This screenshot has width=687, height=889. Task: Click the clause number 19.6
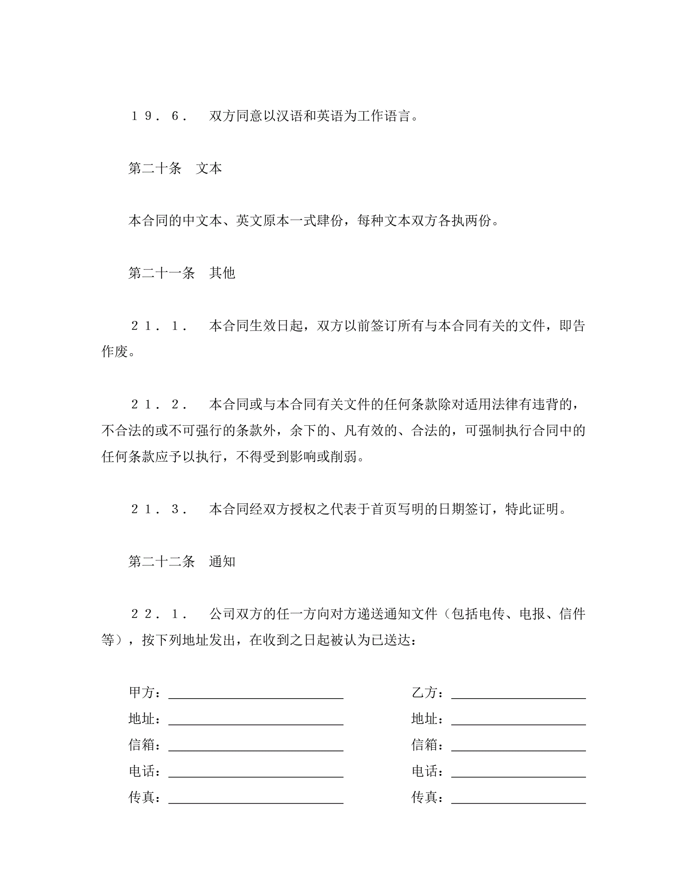pos(159,116)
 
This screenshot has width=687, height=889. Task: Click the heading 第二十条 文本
pos(175,168)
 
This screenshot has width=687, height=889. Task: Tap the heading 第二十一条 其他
pos(181,273)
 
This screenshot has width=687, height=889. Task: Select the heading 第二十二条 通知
pos(181,562)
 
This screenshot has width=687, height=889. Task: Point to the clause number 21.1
pos(159,326)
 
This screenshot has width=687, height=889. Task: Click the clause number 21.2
pos(159,404)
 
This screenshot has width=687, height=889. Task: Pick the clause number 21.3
pos(159,509)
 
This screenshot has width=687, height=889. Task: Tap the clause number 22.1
pos(159,614)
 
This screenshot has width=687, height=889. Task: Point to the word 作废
pos(114,352)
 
